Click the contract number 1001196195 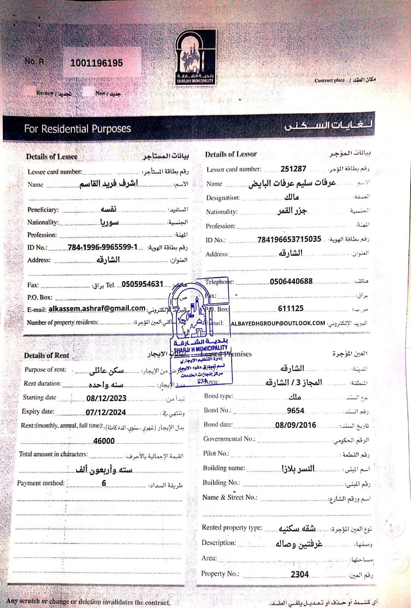[x=96, y=63]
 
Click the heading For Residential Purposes [x=77, y=129]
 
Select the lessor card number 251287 [x=293, y=169]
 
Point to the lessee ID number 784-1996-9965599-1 [x=103, y=247]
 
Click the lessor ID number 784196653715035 [x=289, y=239]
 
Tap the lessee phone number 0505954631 [x=142, y=284]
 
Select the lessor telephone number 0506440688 [x=291, y=281]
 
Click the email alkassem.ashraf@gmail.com [x=97, y=309]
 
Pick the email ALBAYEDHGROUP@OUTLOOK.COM [x=278, y=323]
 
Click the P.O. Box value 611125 [x=291, y=309]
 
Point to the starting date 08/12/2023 [x=106, y=398]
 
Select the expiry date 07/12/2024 [x=106, y=412]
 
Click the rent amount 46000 [x=104, y=441]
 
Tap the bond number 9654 [x=296, y=411]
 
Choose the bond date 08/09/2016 [x=296, y=425]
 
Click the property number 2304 [x=300, y=574]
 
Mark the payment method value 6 [x=104, y=483]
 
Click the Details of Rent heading [x=47, y=356]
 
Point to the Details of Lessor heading [x=231, y=154]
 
